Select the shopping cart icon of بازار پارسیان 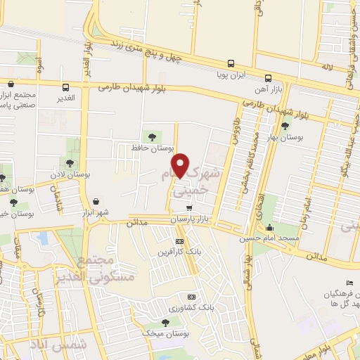pos(189,208)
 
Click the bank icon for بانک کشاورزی pos(191,297)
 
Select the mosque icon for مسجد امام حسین pos(270,227)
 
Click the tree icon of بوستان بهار pos(285,127)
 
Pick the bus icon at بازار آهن pos(268,78)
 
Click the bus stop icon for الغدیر pos(66,88)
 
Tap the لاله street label pos(325,65)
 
